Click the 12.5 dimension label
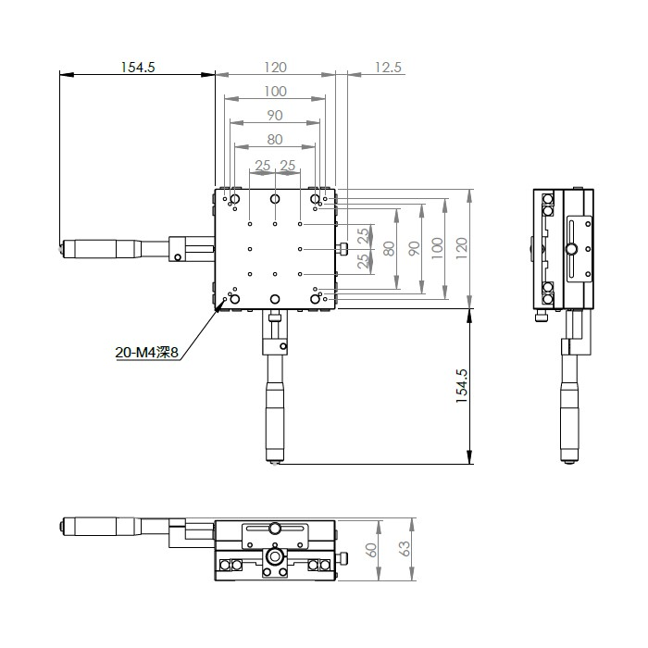click(388, 67)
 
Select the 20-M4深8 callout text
click(146, 353)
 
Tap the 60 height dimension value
click(371, 550)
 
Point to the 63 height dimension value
click(405, 549)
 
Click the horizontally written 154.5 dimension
click(138, 67)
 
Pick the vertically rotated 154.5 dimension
click(461, 386)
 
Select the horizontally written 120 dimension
click(275, 67)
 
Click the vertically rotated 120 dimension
click(462, 248)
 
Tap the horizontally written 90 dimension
click(275, 116)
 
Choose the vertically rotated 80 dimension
click(389, 248)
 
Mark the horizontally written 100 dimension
click(275, 91)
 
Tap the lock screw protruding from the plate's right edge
click(343, 249)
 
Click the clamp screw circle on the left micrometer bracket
click(178, 257)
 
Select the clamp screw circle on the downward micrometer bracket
click(283, 346)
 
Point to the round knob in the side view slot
click(572, 249)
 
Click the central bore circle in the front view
click(274, 556)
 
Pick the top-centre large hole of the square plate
click(275, 199)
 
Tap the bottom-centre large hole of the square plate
click(275, 299)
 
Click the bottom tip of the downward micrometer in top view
click(275, 463)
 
